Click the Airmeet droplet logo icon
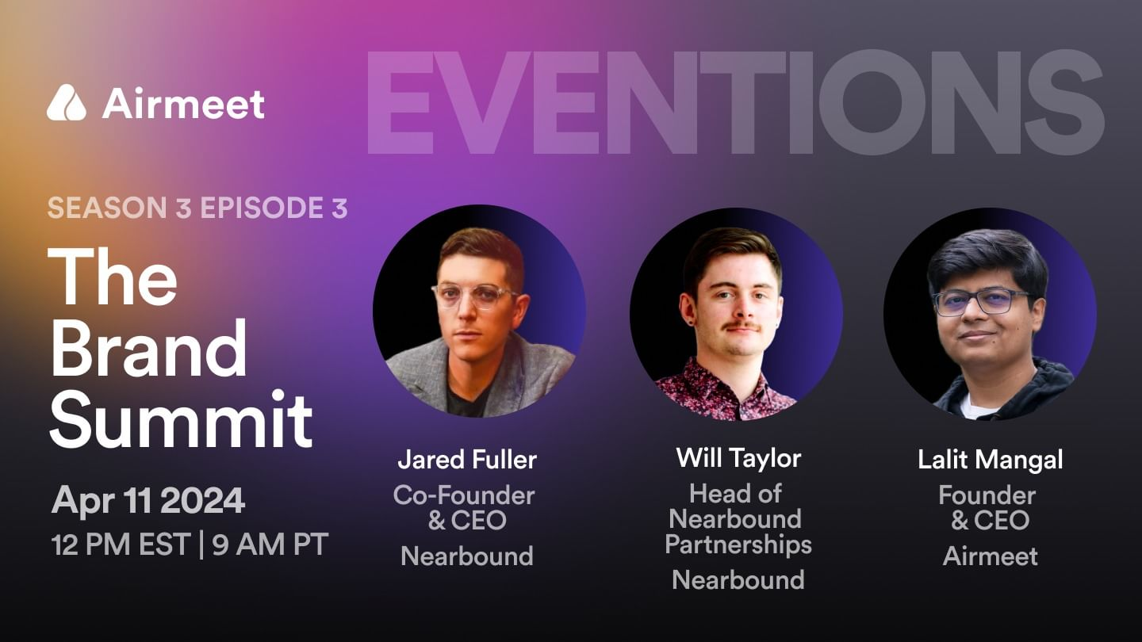click(66, 103)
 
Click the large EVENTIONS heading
click(734, 103)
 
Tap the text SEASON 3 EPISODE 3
click(197, 208)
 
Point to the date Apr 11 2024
click(148, 501)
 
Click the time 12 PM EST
click(121, 545)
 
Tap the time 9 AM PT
click(270, 545)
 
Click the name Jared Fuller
click(467, 459)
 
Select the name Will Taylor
click(738, 457)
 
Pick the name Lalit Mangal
click(991, 459)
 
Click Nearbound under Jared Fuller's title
click(467, 556)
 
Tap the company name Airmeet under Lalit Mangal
click(991, 556)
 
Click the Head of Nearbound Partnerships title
click(738, 519)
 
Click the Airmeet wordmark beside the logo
click(183, 104)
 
